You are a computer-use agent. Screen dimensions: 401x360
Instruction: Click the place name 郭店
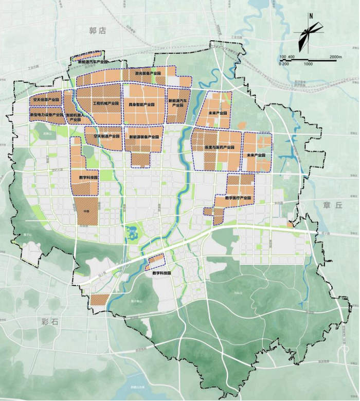97,31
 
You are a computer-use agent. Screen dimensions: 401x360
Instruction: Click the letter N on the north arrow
311,15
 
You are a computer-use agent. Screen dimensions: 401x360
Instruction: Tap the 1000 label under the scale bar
308,64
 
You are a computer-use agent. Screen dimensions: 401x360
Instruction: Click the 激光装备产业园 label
148,74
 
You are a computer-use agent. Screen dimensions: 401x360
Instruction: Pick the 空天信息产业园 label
45,98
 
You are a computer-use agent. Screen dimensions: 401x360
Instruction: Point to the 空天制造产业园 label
106,137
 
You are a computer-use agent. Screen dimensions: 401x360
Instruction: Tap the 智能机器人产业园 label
76,117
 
